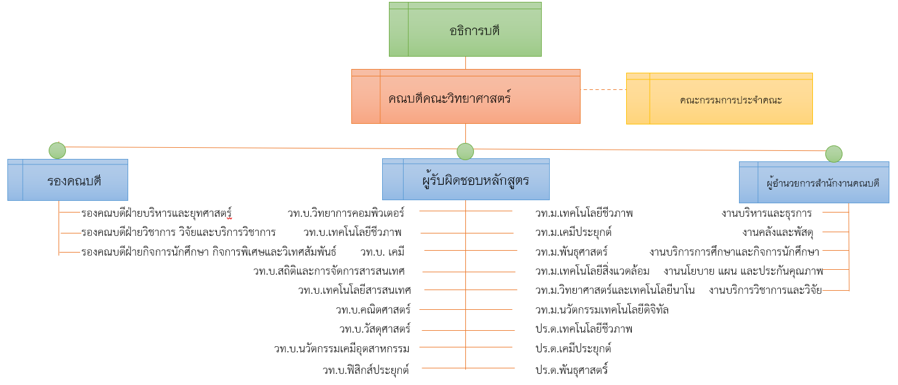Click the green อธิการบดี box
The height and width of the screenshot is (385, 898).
(x=465, y=30)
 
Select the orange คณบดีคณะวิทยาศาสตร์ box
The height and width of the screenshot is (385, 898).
(x=465, y=97)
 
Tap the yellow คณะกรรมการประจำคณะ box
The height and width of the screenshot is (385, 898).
(x=719, y=99)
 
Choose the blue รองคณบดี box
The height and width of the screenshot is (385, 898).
(x=68, y=180)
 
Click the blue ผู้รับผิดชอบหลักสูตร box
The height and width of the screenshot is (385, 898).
(x=466, y=180)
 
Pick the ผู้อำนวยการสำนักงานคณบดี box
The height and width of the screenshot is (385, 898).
(x=814, y=182)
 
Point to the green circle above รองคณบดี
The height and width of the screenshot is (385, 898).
(x=57, y=150)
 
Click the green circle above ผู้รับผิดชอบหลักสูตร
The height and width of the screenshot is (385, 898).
(x=465, y=152)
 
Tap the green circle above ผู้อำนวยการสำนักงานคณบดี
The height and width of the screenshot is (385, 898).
(x=834, y=154)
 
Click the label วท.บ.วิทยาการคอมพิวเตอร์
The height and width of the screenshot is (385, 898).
(x=346, y=213)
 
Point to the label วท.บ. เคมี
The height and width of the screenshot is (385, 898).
(x=382, y=251)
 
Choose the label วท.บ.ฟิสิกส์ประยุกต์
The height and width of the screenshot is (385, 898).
(x=365, y=370)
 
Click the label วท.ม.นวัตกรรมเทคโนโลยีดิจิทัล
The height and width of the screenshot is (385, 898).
(x=602, y=309)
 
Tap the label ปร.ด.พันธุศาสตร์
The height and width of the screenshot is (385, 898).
(x=571, y=370)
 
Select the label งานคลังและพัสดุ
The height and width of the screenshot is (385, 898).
(x=778, y=232)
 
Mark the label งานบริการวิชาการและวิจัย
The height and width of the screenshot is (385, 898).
(x=765, y=290)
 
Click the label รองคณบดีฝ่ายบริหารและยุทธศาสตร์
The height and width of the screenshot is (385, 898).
(x=157, y=213)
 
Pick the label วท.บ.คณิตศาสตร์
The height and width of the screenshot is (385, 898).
(x=373, y=309)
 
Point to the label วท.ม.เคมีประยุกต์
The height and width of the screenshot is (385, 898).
(x=573, y=232)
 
